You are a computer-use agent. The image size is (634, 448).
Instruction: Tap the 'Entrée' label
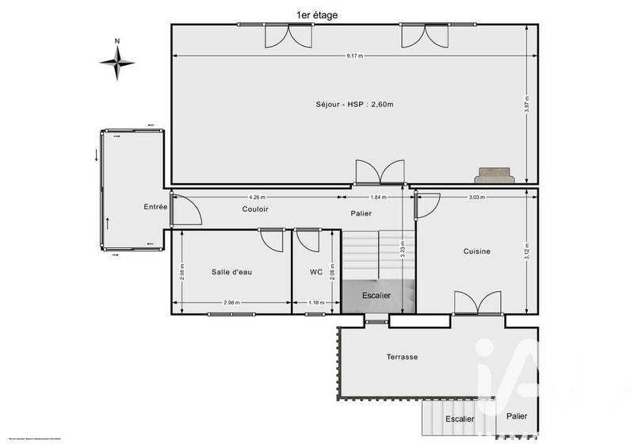(x=155, y=207)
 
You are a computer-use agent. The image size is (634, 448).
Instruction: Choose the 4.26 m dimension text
(x=257, y=197)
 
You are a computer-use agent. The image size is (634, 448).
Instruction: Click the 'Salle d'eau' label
(x=231, y=272)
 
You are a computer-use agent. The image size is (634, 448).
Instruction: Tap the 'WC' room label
(x=316, y=272)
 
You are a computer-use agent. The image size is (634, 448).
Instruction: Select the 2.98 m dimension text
(x=231, y=302)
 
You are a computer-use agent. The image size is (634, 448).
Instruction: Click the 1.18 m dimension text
(x=316, y=302)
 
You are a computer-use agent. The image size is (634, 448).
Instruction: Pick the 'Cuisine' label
(x=477, y=251)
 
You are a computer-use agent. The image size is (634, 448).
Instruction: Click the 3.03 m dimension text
(x=476, y=197)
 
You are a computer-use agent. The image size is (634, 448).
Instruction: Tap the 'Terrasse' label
(x=403, y=357)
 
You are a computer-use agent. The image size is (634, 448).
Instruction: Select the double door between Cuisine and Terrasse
(x=477, y=304)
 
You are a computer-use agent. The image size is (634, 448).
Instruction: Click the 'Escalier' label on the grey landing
(x=376, y=295)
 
